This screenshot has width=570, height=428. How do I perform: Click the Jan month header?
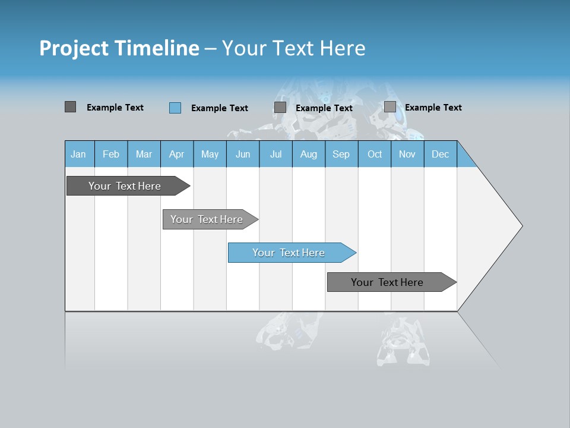coord(78,154)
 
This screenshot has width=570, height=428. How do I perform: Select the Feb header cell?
coord(111,154)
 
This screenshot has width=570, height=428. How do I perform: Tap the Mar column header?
coord(144,154)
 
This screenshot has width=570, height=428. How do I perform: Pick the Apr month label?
coord(176,154)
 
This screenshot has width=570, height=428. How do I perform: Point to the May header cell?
coord(210,154)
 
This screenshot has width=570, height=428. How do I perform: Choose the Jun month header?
coord(243,154)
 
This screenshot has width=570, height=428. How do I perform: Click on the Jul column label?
coord(275,154)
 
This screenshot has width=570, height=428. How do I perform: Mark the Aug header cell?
coord(309,154)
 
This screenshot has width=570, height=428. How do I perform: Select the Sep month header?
coord(341,154)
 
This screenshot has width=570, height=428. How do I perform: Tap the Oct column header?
coord(375,154)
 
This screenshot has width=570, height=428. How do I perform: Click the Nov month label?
coord(407,154)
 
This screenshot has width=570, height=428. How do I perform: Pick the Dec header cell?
coord(440,154)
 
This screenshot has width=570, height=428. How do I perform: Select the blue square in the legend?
coord(175,108)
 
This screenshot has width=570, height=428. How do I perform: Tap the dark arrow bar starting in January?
coord(125,186)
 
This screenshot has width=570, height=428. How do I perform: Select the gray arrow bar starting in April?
coord(207,219)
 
